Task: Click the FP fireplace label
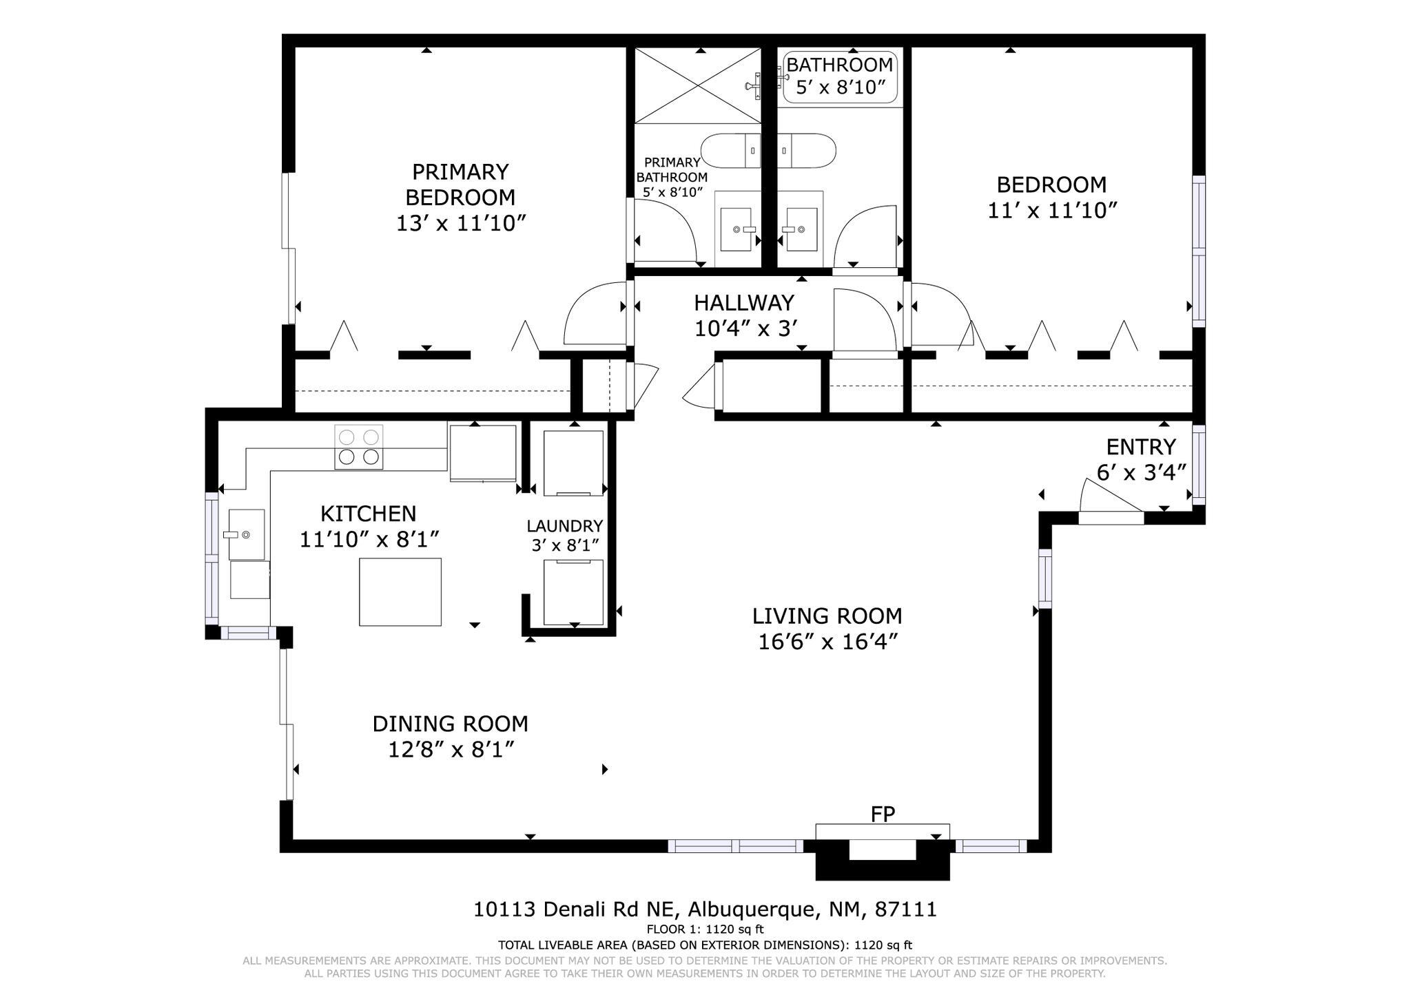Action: pos(883,815)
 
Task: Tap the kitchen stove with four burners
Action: pos(359,447)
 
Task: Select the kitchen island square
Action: pos(400,591)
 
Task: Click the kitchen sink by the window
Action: pos(246,534)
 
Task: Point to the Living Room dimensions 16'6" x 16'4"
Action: pos(827,642)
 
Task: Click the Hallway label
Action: pos(743,303)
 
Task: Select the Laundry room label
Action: pos(564,526)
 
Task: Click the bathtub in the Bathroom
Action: pos(839,77)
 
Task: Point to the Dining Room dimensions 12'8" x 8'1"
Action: pos(451,749)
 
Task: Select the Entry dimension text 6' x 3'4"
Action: pos(1141,472)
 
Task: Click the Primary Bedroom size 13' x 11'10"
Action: pos(460,223)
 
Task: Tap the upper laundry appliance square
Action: pos(573,463)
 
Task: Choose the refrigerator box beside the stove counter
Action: pos(482,453)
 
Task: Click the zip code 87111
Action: pos(905,910)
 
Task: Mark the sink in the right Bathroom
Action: pos(801,229)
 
